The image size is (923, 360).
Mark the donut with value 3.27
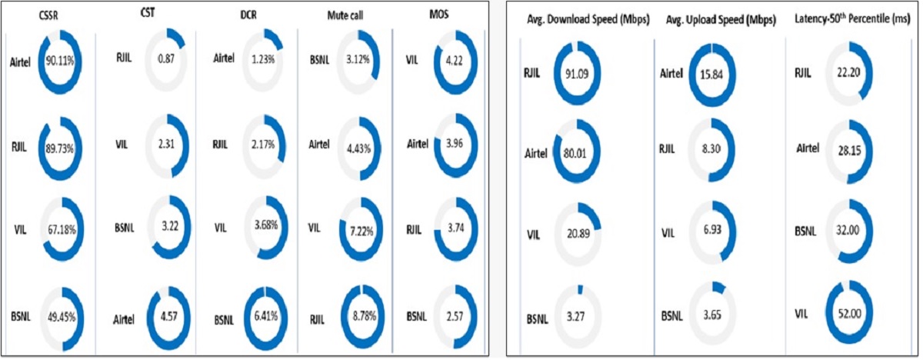pos(576,314)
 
